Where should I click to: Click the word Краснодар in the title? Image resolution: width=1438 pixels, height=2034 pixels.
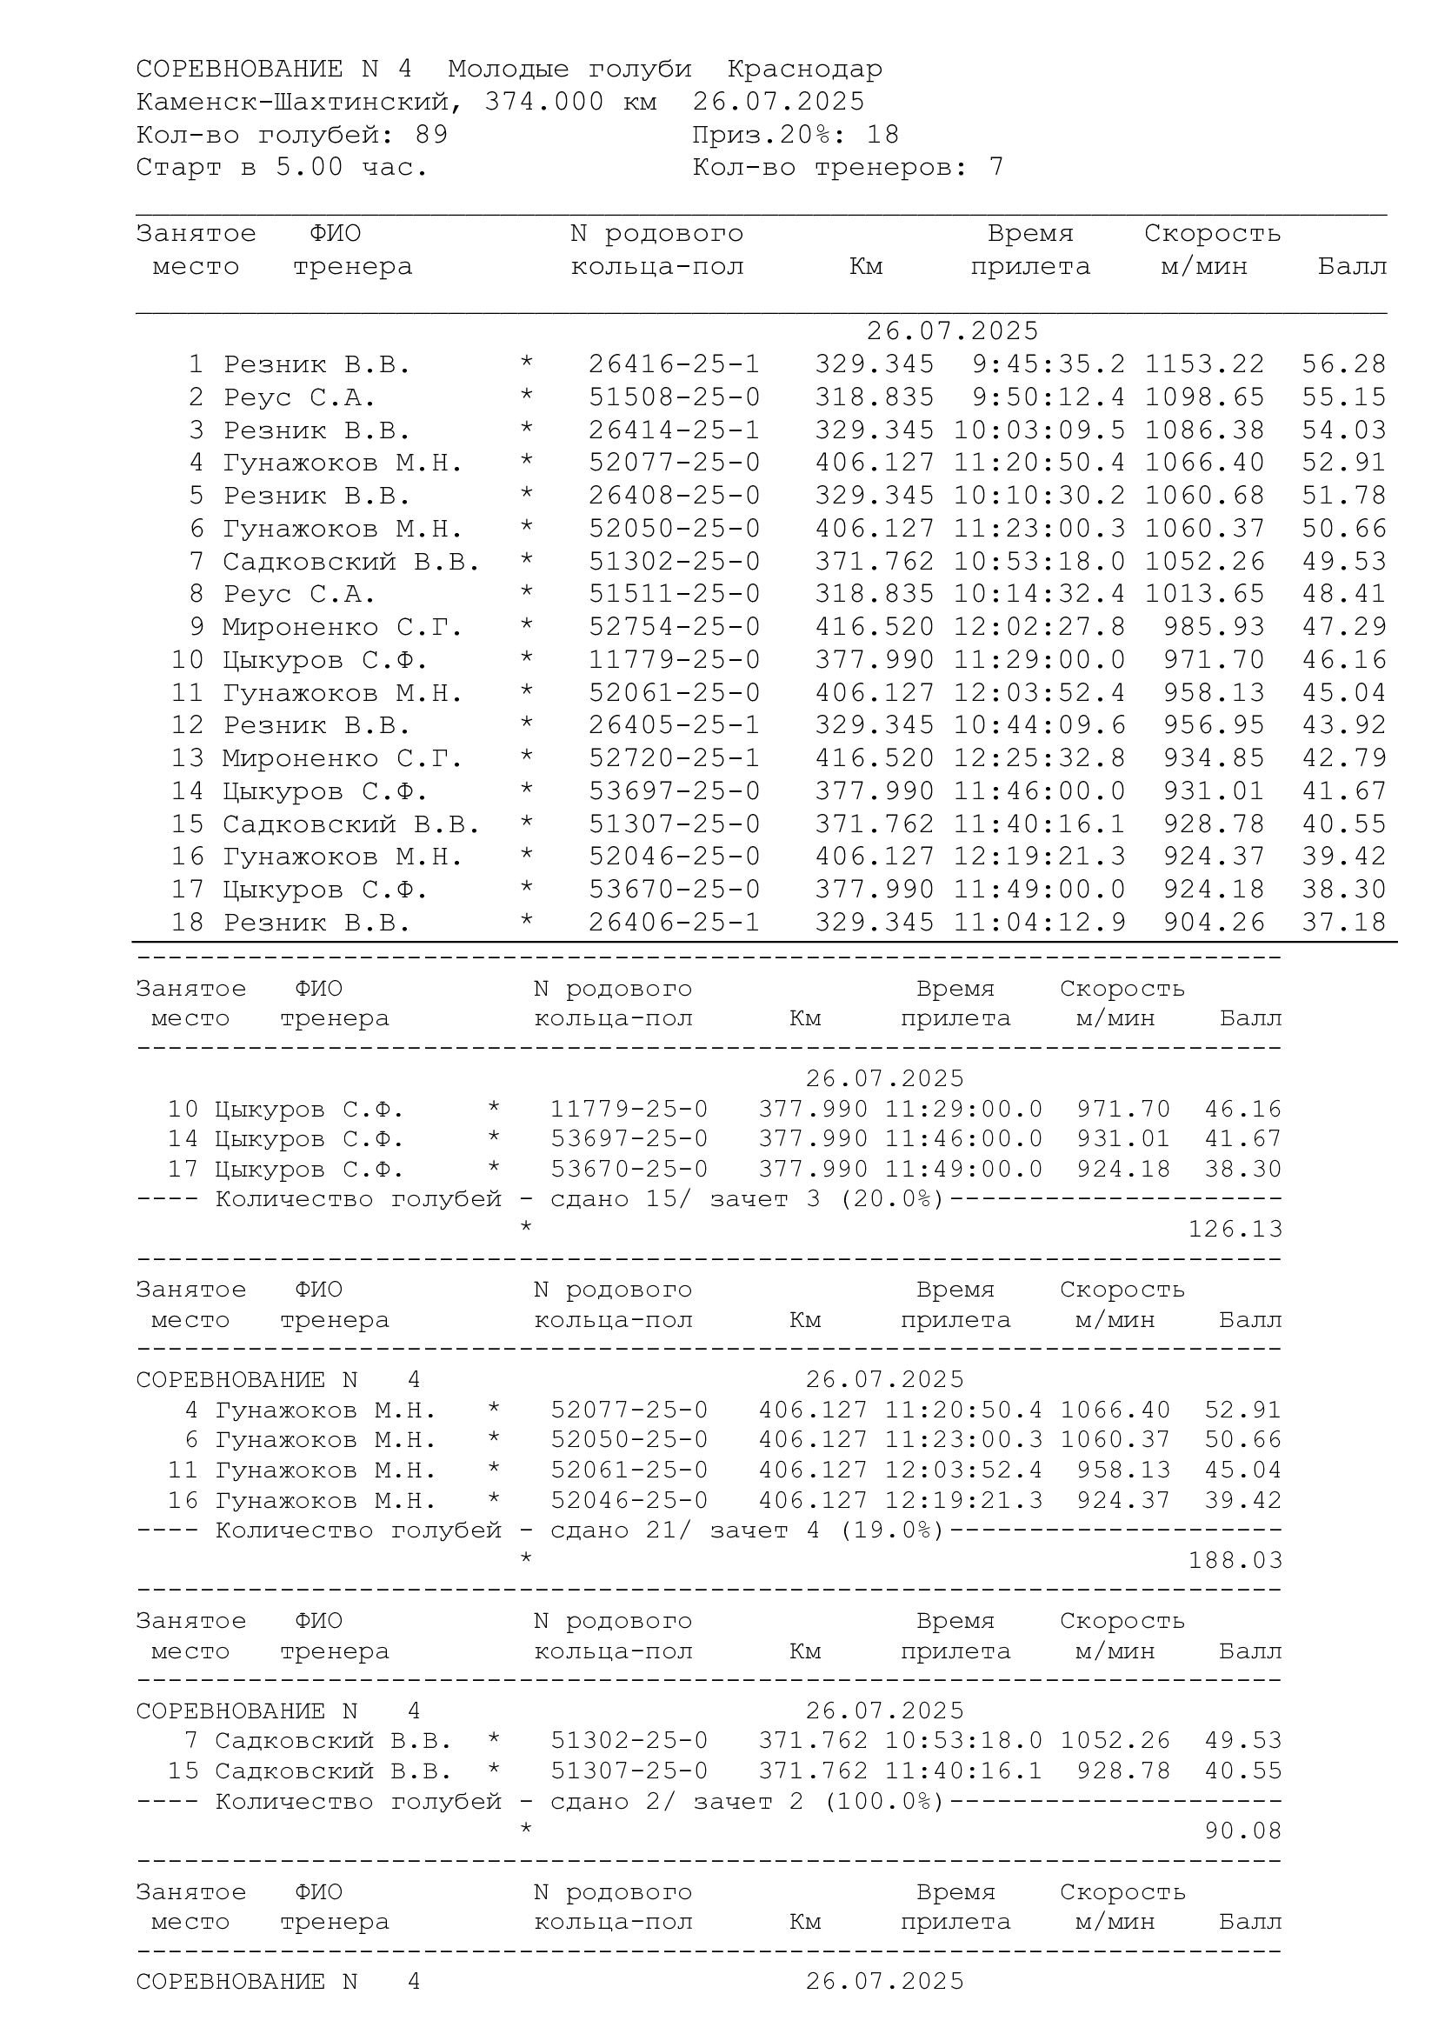click(x=804, y=69)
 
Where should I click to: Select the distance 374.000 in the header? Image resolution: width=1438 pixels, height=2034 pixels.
click(x=543, y=102)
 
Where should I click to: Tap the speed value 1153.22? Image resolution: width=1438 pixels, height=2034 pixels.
click(x=1204, y=364)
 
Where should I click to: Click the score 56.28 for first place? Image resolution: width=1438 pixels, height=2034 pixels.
click(x=1343, y=364)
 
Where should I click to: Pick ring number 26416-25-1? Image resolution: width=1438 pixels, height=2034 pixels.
click(x=674, y=364)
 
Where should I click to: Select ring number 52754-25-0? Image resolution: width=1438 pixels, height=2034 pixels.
click(x=674, y=627)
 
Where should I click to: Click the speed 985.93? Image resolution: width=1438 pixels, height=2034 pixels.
click(x=1213, y=627)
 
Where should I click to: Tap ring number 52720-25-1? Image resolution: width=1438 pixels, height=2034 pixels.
click(x=674, y=758)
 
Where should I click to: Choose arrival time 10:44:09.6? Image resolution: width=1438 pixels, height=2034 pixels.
click(x=1040, y=725)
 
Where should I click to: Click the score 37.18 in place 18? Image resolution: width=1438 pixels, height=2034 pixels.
click(x=1343, y=922)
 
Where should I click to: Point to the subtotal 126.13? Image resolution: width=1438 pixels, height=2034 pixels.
click(x=1235, y=1229)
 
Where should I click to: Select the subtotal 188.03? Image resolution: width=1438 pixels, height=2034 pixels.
click(x=1235, y=1560)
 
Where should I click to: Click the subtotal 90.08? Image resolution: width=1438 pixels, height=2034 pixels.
click(x=1242, y=1831)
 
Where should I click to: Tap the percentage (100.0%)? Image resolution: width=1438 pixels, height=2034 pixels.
click(x=883, y=1801)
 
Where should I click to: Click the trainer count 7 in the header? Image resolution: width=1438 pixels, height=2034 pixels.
click(x=996, y=168)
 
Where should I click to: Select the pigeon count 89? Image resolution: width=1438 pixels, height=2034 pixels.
click(x=431, y=135)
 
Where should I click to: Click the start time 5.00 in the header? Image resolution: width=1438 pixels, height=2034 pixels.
click(x=309, y=168)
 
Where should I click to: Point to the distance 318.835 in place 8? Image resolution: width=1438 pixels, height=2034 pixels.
click(x=874, y=595)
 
